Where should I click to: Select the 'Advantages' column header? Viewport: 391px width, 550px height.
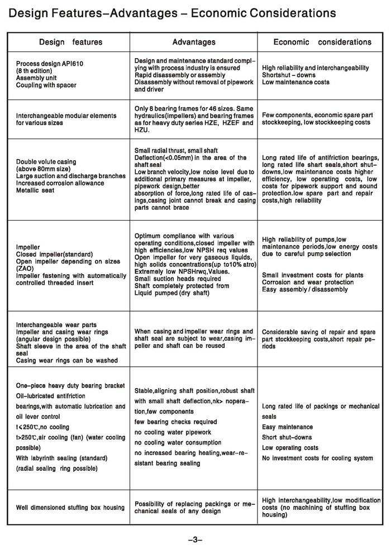[193, 42]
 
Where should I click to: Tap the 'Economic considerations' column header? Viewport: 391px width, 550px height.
[322, 42]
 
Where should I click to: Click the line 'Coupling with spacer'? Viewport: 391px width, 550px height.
[46, 85]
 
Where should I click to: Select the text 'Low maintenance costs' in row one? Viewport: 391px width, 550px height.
[295, 82]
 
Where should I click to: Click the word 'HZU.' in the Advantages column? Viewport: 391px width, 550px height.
[143, 130]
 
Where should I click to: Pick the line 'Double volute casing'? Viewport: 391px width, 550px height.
[46, 162]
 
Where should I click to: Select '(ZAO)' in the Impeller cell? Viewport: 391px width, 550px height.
[25, 268]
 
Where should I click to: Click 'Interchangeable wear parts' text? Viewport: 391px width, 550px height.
[56, 325]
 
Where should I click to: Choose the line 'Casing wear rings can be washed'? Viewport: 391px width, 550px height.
[67, 361]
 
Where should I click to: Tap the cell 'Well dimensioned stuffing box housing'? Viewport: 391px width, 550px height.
[70, 508]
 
